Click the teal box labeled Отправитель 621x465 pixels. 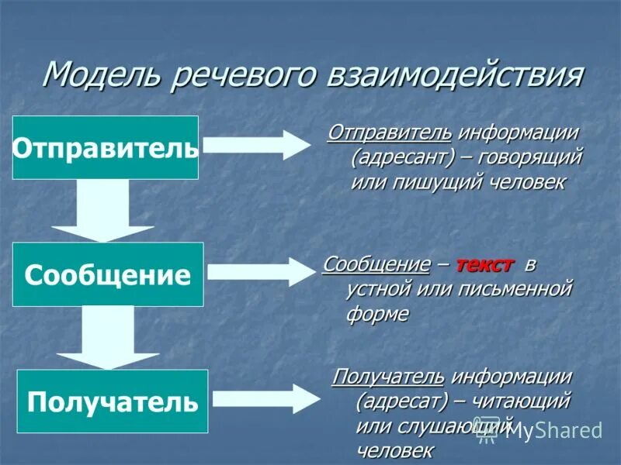[106, 147]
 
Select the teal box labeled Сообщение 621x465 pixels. [108, 274]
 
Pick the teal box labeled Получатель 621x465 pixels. [113, 401]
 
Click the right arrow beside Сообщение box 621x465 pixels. [259, 272]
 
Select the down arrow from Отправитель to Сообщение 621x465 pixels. [102, 211]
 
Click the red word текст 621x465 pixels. [484, 264]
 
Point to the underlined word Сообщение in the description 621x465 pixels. [376, 264]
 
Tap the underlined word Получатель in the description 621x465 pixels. [388, 377]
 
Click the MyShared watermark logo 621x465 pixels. [543, 430]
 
